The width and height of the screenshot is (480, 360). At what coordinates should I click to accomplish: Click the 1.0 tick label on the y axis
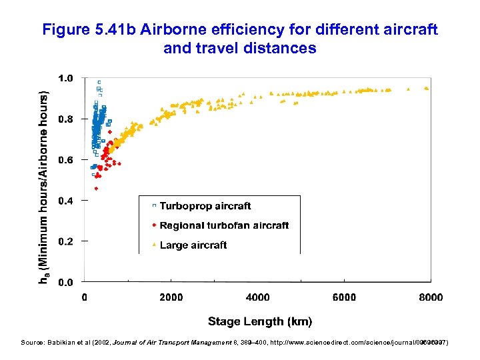click(x=66, y=78)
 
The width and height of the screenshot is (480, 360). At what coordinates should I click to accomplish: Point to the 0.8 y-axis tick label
click(x=66, y=119)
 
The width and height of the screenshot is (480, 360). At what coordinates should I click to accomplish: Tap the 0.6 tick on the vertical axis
click(x=66, y=160)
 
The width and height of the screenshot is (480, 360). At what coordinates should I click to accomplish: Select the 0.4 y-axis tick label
click(x=66, y=201)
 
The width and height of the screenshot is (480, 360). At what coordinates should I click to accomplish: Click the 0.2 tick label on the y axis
click(x=66, y=241)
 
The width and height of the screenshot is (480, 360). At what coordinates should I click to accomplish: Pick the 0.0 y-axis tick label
click(x=66, y=283)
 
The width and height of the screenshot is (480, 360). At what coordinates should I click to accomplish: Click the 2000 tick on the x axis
click(x=171, y=297)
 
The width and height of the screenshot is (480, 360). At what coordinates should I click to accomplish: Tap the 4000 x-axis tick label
click(x=257, y=297)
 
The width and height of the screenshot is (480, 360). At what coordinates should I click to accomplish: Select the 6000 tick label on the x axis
click(x=344, y=297)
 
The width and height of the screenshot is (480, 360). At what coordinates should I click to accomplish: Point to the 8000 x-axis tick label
click(x=430, y=297)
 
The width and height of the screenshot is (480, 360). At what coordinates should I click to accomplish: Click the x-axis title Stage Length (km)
click(x=259, y=321)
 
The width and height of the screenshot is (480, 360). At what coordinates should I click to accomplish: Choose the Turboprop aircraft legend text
click(x=205, y=206)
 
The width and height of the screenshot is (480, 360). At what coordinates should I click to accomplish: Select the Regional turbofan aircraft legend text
click(x=224, y=225)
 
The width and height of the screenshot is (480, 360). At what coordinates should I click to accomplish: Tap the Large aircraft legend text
click(x=193, y=245)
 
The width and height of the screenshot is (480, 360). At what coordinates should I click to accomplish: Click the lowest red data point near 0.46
click(x=96, y=189)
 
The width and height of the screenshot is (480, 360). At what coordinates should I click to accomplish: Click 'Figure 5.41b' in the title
click(x=79, y=31)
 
